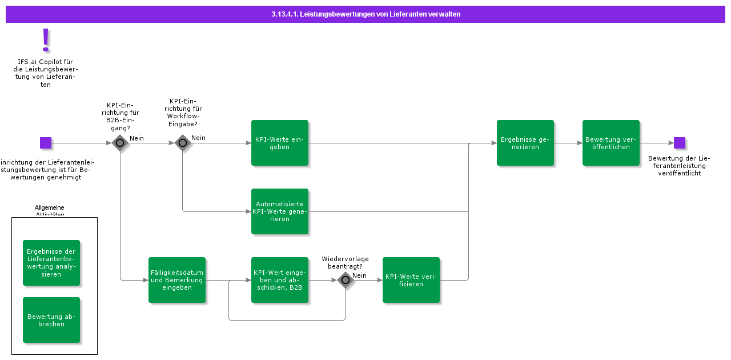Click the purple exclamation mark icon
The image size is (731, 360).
click(x=46, y=40)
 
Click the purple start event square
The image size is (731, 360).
click(x=46, y=143)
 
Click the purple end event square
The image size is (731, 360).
click(x=680, y=143)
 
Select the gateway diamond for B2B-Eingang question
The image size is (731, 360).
click(x=120, y=143)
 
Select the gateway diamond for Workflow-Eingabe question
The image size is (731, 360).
click(x=183, y=143)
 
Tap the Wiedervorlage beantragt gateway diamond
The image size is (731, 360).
click(x=346, y=280)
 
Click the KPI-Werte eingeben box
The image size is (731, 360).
click(x=280, y=143)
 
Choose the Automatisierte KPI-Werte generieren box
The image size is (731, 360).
click(x=280, y=211)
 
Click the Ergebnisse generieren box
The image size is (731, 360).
click(x=525, y=143)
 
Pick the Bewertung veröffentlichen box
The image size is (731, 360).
click(x=611, y=143)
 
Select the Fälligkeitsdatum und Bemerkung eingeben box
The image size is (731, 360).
click(x=177, y=280)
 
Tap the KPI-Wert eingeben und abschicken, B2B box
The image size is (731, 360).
click(x=280, y=280)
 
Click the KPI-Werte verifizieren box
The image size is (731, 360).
click(x=411, y=280)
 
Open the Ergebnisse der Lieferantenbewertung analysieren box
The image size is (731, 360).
click(x=51, y=263)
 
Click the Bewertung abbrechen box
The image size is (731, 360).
click(x=51, y=320)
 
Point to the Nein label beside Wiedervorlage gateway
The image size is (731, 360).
click(x=359, y=275)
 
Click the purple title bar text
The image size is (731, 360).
click(x=365, y=14)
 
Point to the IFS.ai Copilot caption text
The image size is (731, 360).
click(x=46, y=73)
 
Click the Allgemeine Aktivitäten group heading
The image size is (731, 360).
click(x=50, y=211)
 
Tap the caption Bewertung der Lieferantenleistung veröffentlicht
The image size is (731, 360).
click(x=679, y=166)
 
